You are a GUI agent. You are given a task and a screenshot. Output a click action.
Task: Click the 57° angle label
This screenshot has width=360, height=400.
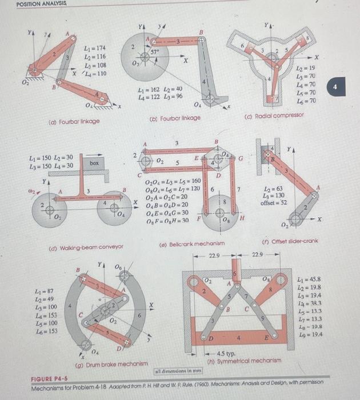click(155, 51)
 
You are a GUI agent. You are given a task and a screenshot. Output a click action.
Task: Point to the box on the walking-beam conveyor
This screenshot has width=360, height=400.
click(94, 162)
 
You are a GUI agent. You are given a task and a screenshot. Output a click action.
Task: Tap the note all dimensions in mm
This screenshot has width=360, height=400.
click(181, 371)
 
